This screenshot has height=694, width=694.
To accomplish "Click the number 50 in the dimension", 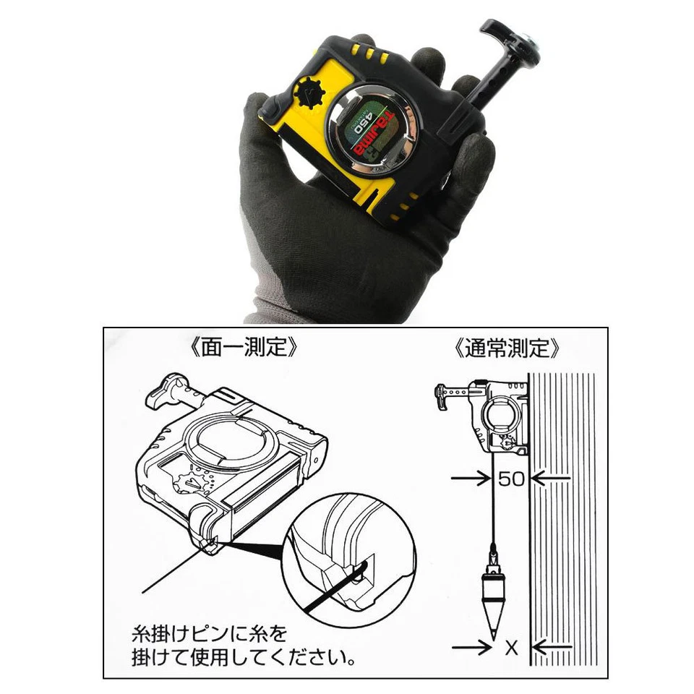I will pos(510,479).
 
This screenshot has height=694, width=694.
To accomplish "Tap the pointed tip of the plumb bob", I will pos(492,635).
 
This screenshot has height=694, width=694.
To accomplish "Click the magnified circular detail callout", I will pos(348,565).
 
